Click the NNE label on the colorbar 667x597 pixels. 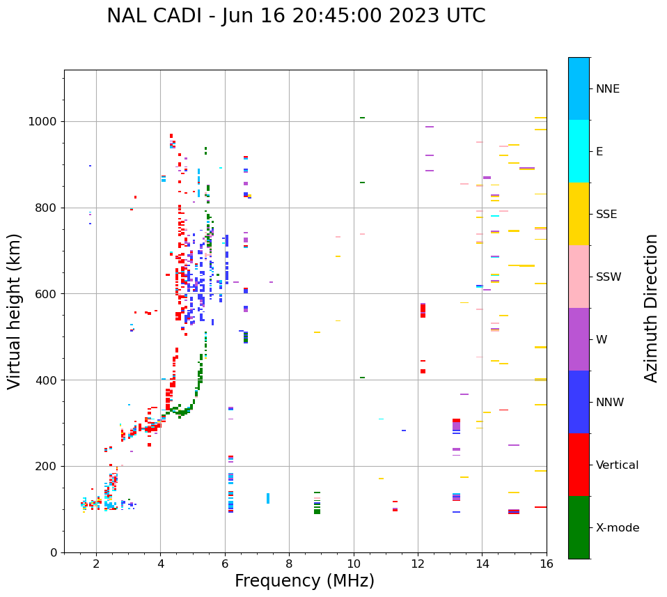point(607,89)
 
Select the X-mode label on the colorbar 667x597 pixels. point(618,528)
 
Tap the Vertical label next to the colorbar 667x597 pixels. point(617,465)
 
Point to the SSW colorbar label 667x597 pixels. point(609,277)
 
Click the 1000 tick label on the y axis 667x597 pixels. point(42,122)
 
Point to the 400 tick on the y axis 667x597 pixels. point(45,380)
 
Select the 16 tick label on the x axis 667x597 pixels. point(547,564)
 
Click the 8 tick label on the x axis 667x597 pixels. point(289,564)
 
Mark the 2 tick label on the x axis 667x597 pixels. point(96,564)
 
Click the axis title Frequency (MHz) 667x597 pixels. point(304,581)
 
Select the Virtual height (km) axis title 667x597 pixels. point(15,311)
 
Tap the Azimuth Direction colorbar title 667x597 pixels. point(651,308)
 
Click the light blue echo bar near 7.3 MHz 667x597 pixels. point(268,498)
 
